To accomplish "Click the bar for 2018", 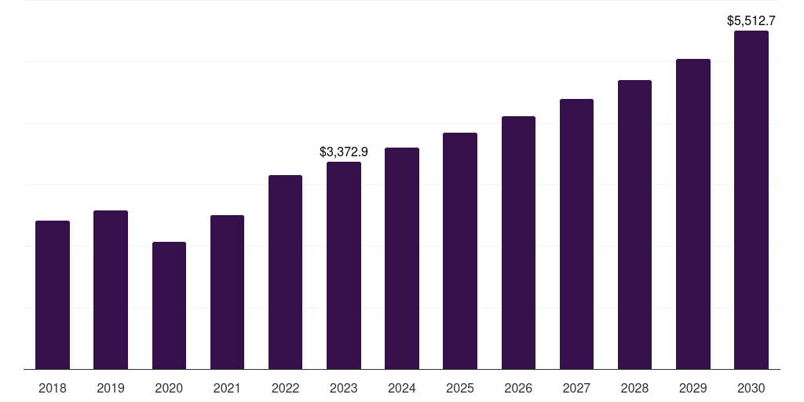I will click(x=53, y=294).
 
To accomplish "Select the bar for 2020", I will click(x=169, y=305).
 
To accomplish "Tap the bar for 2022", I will click(x=285, y=272).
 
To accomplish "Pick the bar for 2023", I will click(x=344, y=265).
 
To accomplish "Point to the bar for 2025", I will click(x=460, y=250).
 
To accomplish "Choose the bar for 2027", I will click(x=576, y=234).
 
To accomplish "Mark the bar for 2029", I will click(x=693, y=214).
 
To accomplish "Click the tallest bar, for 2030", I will click(x=751, y=199).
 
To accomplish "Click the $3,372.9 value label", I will click(x=344, y=152).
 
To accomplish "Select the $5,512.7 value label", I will click(x=751, y=21).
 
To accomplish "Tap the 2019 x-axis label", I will click(x=111, y=388).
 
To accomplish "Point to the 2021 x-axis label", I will click(x=227, y=388).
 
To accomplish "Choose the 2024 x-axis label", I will click(x=402, y=388).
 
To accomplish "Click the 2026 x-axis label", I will click(x=518, y=388).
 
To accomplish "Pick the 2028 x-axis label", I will click(x=634, y=388).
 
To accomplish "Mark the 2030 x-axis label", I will click(x=751, y=388).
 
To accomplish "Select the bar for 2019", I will click(x=111, y=290).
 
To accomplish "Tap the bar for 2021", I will click(x=227, y=292).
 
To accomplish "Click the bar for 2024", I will click(x=402, y=258).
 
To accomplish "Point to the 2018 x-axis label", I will click(x=53, y=388).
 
